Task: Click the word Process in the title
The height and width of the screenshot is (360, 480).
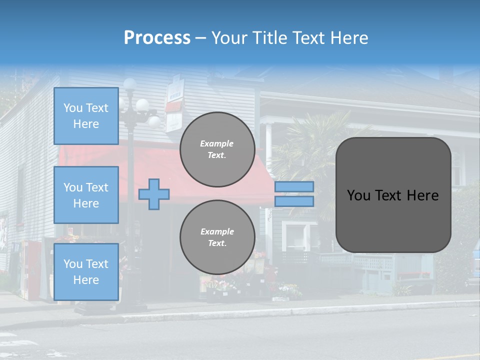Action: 157,37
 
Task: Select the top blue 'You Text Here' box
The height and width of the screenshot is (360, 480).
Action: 86,116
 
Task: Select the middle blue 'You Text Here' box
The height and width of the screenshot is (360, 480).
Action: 86,195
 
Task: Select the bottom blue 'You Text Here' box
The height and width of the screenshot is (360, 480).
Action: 86,271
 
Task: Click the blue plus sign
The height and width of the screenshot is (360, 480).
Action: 154,193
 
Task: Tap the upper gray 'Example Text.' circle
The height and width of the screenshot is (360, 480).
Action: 217,149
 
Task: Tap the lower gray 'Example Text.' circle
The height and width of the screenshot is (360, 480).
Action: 217,237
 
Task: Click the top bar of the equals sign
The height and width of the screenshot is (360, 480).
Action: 294,186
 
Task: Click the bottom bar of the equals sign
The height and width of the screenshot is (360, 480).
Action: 294,201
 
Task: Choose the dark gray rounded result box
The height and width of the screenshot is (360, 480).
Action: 393,195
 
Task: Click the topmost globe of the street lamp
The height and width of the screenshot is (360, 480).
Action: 130,83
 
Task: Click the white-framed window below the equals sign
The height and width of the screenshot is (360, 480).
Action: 298,235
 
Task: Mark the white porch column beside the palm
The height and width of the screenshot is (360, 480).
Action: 268,145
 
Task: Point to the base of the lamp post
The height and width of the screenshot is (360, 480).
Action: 131,303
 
